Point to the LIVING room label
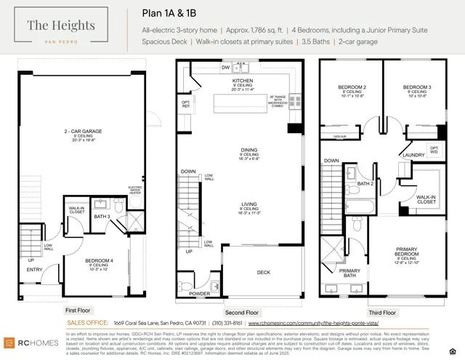tap(249, 206)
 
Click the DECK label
tap(264, 273)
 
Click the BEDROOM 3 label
tap(418, 87)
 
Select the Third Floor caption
tap(382, 312)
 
